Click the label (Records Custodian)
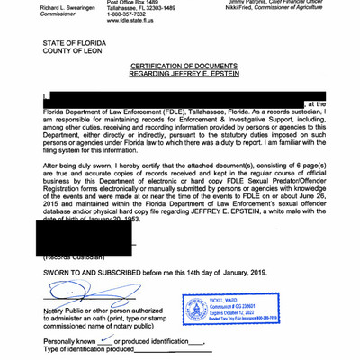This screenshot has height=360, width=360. tap(72, 256)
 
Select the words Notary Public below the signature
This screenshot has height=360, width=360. tap(68, 310)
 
